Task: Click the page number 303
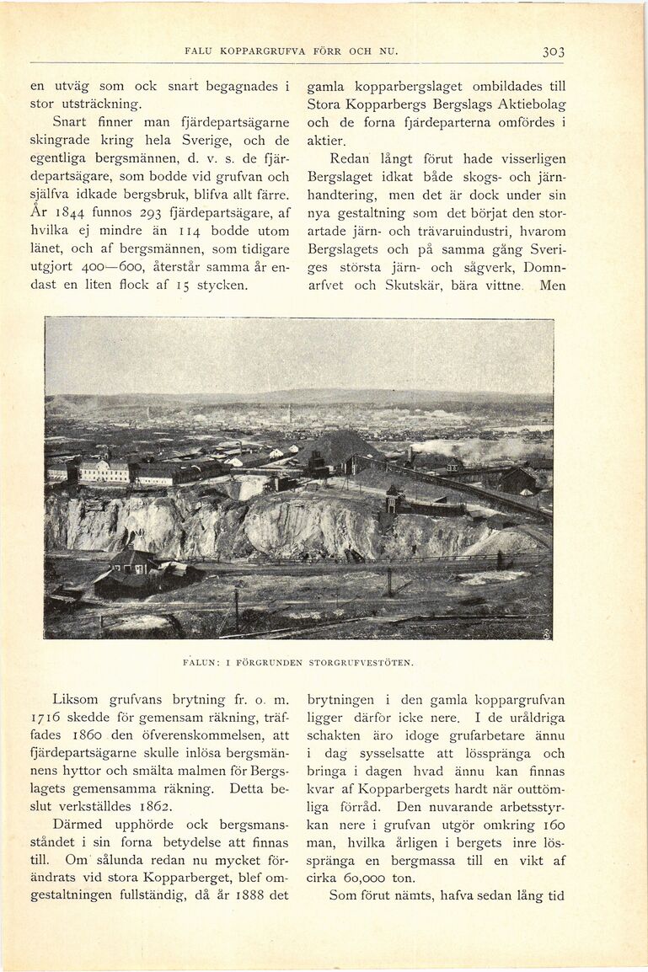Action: [x=553, y=51]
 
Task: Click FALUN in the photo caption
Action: [x=201, y=662]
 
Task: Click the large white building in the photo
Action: [x=104, y=470]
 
